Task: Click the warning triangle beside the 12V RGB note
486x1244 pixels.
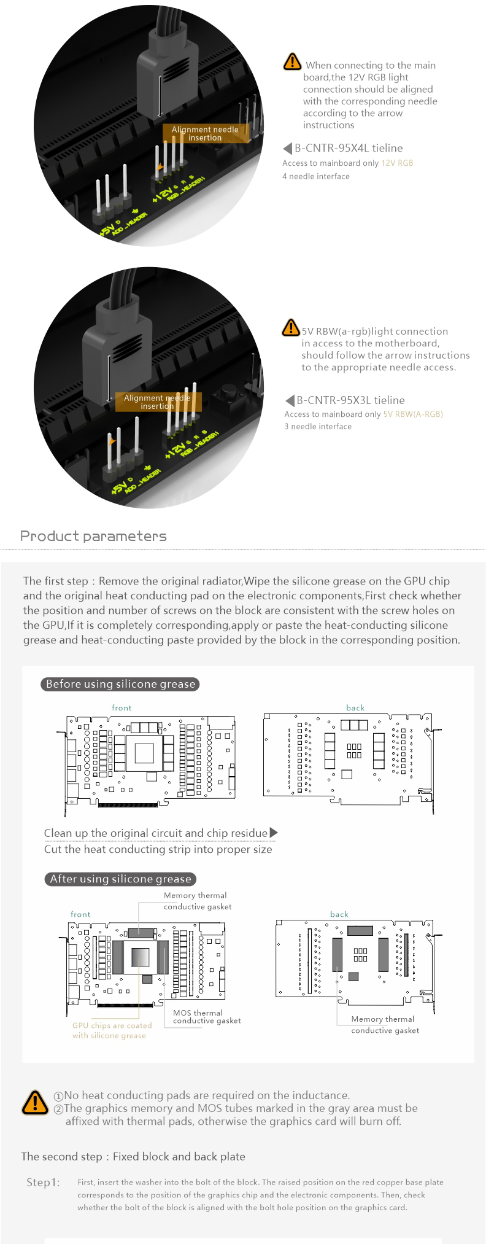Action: click(x=292, y=62)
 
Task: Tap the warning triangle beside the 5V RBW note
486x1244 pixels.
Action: click(x=290, y=328)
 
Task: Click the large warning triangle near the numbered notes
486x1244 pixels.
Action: click(x=35, y=1102)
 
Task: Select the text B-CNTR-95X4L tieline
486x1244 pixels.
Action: click(x=349, y=148)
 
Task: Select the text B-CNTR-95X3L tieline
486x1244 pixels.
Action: click(x=350, y=400)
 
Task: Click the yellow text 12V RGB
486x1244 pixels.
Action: click(x=397, y=163)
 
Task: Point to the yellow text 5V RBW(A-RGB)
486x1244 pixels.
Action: click(x=412, y=414)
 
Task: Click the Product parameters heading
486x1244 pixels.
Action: click(x=93, y=536)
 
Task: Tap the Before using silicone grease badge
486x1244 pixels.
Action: click(x=120, y=684)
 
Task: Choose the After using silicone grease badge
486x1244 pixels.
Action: click(x=120, y=879)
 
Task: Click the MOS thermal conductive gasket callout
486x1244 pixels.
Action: click(x=206, y=1017)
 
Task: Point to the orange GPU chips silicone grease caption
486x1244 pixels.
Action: click(x=112, y=1030)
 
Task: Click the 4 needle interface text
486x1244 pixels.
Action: click(x=315, y=176)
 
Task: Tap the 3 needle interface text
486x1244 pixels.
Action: click(x=317, y=427)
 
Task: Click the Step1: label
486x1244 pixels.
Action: click(x=43, y=1182)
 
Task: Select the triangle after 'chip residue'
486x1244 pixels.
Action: click(x=274, y=833)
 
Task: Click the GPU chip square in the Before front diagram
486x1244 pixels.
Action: click(x=144, y=753)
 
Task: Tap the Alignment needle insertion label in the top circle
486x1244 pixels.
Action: click(x=205, y=133)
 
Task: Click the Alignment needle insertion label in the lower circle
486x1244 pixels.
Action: click(x=157, y=402)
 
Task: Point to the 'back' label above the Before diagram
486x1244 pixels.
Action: click(x=355, y=708)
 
